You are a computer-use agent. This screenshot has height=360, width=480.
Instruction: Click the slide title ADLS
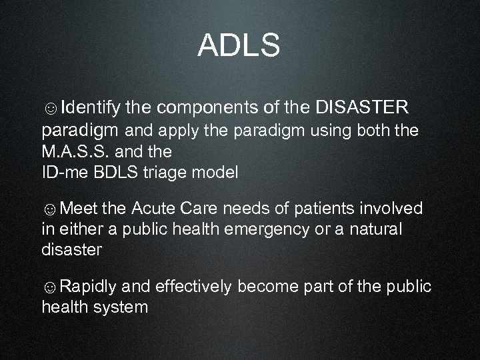pyautogui.click(x=239, y=46)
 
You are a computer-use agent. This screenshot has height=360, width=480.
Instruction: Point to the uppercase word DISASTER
pyautogui.click(x=361, y=107)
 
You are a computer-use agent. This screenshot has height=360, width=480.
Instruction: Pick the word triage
pyautogui.click(x=165, y=173)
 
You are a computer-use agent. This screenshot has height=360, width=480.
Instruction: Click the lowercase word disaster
pyautogui.click(x=71, y=250)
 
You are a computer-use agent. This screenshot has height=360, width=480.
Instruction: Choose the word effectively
pyautogui.click(x=193, y=287)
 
